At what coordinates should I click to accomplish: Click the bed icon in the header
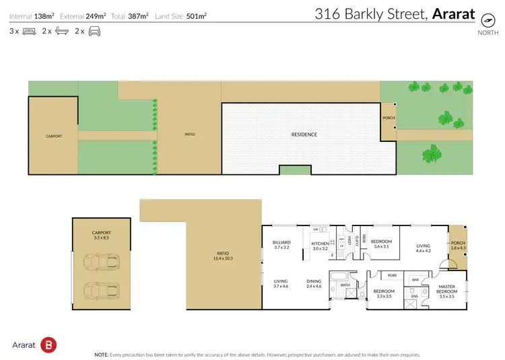(x=28, y=31)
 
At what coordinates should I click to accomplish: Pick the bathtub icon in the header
(x=61, y=31)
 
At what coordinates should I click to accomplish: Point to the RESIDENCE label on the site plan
(x=304, y=135)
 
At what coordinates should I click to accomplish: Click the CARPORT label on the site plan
(x=54, y=136)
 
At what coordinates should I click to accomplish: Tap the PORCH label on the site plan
(x=389, y=118)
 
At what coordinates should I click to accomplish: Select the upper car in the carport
(x=102, y=261)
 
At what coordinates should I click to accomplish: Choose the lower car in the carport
(x=102, y=290)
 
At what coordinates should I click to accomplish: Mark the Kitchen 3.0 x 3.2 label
(x=319, y=246)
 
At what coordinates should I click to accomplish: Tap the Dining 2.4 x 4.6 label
(x=314, y=283)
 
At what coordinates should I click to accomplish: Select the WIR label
(x=415, y=279)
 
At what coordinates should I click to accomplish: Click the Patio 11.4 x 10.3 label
(x=200, y=256)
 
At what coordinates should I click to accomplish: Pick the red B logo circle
(x=48, y=345)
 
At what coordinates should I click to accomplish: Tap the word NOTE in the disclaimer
(x=102, y=354)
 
